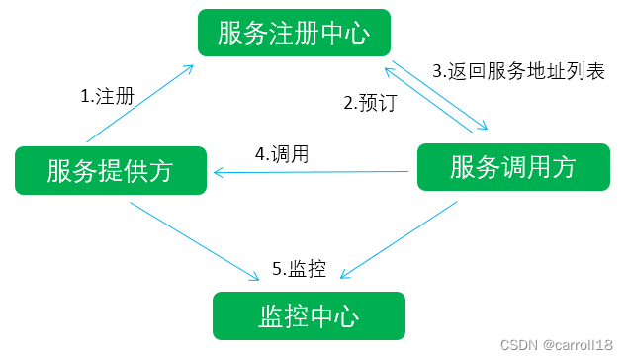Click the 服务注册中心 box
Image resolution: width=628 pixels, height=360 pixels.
[x=294, y=34]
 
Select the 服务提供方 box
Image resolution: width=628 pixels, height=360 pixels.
[x=110, y=170]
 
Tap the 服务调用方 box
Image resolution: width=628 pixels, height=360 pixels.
[x=512, y=167]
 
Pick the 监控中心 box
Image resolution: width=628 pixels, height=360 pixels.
[x=309, y=315]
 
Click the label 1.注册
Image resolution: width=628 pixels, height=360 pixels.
[x=106, y=97]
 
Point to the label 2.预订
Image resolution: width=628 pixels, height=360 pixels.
[x=369, y=102]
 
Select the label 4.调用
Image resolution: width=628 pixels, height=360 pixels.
[x=282, y=154]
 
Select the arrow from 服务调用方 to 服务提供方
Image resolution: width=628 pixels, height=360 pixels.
[x=312, y=174]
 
